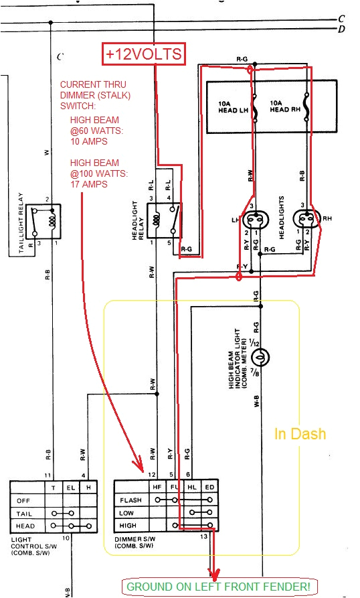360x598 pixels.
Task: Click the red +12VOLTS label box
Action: pos(143,54)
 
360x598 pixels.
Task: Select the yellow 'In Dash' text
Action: pos(300,434)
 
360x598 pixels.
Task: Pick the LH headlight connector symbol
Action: pos(254,219)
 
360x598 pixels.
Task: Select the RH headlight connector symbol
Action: pos(308,219)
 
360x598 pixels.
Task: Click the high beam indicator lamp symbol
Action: pos(262,357)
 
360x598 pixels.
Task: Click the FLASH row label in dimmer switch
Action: pos(130,500)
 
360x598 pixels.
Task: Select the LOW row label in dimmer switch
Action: pos(127,512)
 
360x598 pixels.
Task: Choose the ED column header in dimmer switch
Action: pos(209,487)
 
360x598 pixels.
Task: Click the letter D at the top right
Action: pos(342,29)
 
